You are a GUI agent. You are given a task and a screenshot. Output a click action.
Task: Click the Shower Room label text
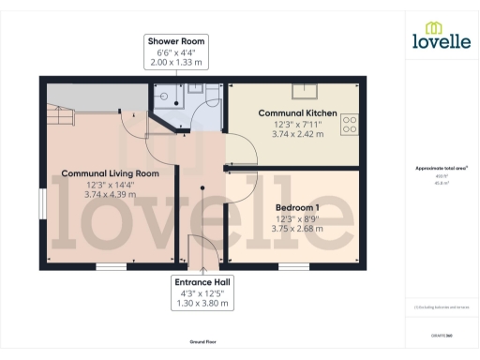point(174,41)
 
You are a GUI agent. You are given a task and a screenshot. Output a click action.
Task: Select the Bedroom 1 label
point(297,207)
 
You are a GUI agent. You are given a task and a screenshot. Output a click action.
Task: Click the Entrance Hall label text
point(201,281)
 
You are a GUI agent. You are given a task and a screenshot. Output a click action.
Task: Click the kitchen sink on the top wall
point(307,90)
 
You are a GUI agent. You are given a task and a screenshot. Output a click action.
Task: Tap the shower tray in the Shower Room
point(165,95)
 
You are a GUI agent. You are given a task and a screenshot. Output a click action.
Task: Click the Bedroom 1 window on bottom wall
point(292,265)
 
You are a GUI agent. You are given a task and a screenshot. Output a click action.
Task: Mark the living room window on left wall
point(41,205)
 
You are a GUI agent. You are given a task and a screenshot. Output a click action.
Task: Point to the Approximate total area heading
point(442,168)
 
